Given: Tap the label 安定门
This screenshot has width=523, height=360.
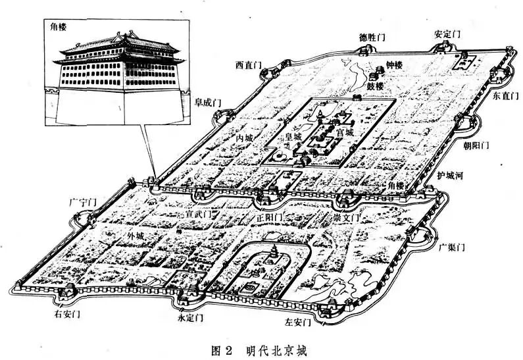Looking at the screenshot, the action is click(x=447, y=34).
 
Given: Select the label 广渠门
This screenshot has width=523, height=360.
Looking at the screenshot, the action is click(x=452, y=247).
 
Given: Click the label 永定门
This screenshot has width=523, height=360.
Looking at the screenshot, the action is click(x=191, y=317).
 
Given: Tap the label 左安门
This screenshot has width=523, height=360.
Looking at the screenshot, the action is click(x=297, y=322).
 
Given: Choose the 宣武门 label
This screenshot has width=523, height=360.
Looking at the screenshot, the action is click(x=198, y=215).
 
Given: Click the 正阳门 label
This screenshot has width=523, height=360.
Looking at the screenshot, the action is click(x=270, y=217).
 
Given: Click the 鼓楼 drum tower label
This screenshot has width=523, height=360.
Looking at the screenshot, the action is click(x=375, y=86).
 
